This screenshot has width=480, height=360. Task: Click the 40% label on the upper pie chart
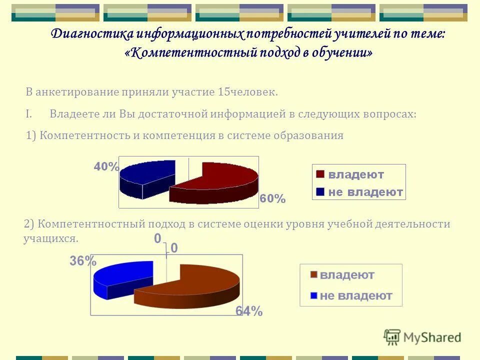(x=106, y=167)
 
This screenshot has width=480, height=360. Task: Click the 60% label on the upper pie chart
(x=272, y=199)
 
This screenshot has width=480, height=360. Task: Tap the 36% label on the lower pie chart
(x=82, y=261)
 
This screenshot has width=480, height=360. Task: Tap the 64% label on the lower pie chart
(x=248, y=311)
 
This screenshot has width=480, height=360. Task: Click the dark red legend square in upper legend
(x=319, y=174)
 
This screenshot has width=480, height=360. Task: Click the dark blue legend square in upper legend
(x=319, y=192)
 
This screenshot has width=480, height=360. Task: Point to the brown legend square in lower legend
(x=313, y=275)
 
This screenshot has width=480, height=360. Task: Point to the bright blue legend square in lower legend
(x=313, y=295)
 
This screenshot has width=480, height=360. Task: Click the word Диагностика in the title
(x=92, y=34)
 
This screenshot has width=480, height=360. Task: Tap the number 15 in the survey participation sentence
(x=223, y=92)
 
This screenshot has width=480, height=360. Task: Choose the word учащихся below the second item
(x=50, y=238)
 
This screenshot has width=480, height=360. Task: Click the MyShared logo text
(x=432, y=337)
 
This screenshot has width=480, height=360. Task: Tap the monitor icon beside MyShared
(x=392, y=337)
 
